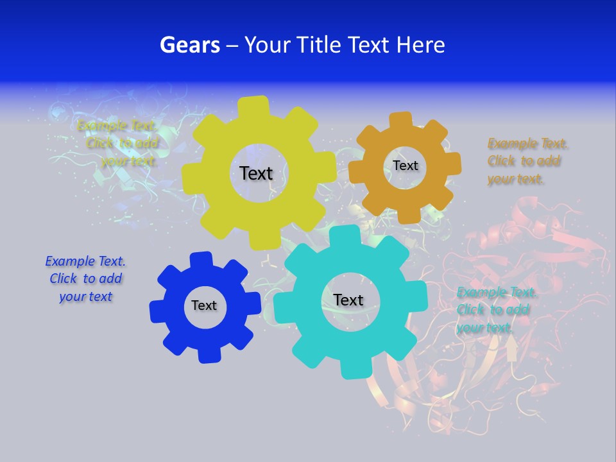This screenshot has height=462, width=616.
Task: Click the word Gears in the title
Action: point(189,46)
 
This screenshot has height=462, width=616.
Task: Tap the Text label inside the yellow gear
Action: point(256,173)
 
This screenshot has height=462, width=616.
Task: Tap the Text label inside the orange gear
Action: point(405,166)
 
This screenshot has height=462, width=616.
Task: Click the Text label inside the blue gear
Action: point(204,305)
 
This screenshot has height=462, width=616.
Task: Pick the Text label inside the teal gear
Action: point(348,300)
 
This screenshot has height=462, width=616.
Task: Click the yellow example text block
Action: point(117,143)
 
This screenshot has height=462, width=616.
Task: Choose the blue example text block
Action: point(85,278)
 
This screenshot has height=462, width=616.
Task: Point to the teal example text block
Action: point(495,310)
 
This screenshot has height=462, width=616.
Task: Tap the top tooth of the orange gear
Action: point(401,121)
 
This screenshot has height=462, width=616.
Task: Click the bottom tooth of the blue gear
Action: point(209,354)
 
